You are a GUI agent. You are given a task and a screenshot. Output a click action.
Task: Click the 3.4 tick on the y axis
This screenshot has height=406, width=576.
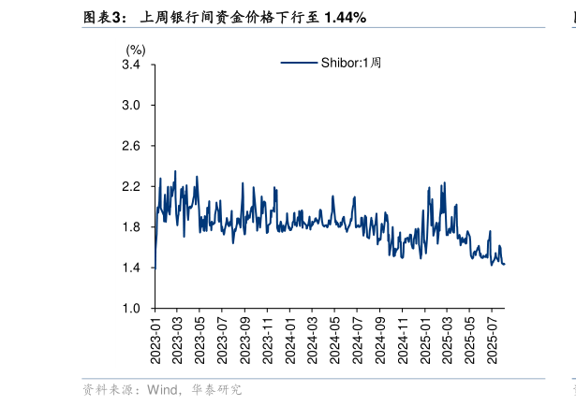131,65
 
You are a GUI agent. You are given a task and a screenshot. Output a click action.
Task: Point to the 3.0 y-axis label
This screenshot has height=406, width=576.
131,106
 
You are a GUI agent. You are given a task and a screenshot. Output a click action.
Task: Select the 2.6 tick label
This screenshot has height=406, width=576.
131,147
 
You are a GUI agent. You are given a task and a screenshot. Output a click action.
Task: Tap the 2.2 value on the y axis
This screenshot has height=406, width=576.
131,187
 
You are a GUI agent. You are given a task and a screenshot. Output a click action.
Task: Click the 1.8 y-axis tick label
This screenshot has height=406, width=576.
131,227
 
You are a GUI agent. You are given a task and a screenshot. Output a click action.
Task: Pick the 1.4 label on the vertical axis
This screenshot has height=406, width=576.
131,268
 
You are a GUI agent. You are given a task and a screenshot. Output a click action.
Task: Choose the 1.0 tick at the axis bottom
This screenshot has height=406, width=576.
131,308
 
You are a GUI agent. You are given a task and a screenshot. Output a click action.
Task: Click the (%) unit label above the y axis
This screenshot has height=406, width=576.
136,50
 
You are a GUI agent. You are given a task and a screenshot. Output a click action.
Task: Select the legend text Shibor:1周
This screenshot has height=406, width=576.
351,63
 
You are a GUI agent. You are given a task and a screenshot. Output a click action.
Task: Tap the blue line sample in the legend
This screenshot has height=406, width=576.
299,63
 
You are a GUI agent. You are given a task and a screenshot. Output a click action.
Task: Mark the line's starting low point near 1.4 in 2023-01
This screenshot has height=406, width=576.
155,268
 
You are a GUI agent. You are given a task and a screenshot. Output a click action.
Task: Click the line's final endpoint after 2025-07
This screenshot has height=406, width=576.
505,264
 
